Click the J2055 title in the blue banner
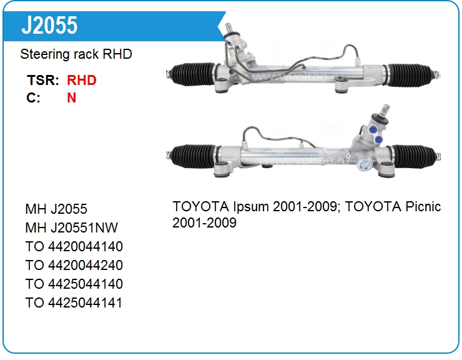49,25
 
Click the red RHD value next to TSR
82,80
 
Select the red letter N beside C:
72,97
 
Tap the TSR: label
43,80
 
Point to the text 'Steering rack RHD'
76,54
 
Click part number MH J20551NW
72,227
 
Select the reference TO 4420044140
74,247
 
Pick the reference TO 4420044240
74,265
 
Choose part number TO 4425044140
74,284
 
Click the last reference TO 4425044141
74,302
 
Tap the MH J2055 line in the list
56,209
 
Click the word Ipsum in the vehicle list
251,207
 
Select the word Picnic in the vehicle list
423,206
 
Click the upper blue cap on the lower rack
373,130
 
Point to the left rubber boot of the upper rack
194,74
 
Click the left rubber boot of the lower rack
194,156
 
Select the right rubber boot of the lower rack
415,157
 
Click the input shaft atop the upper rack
229,28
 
